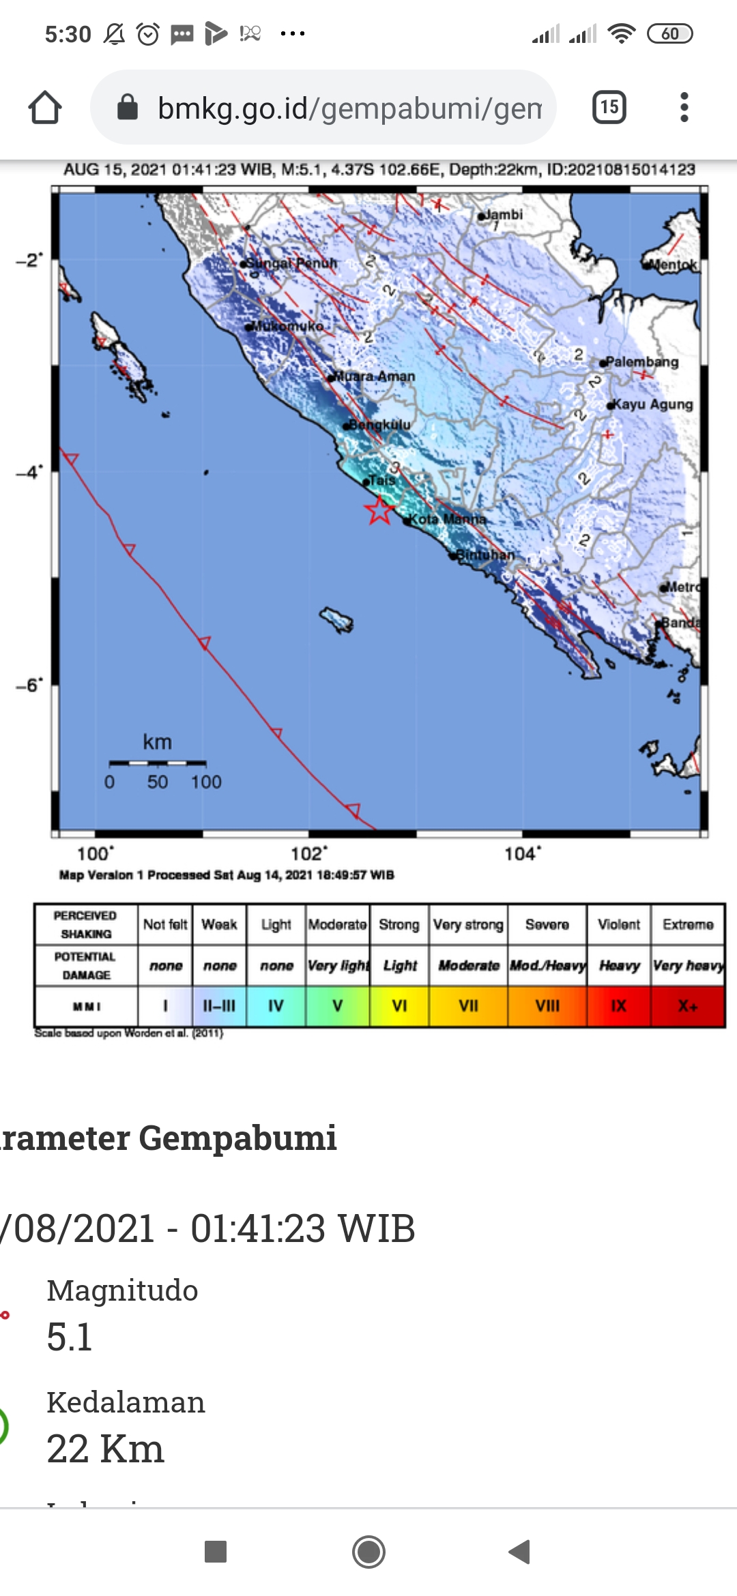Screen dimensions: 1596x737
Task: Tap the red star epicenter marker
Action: point(379,509)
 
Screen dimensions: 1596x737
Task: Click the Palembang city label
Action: point(641,362)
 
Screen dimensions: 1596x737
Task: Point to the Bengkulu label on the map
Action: point(379,425)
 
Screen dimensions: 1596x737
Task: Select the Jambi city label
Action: point(503,215)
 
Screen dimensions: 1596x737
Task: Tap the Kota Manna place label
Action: point(448,520)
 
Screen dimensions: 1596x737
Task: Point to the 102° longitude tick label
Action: point(308,854)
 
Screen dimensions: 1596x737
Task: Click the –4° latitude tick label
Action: point(29,472)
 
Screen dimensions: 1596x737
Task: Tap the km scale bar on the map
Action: point(158,763)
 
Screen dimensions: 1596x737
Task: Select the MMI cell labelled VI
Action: point(399,1006)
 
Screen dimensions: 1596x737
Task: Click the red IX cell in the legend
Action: point(618,1006)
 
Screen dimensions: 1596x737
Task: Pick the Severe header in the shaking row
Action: point(547,925)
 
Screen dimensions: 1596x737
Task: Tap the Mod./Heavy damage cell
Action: point(547,966)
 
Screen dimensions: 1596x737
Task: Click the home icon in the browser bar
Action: point(45,108)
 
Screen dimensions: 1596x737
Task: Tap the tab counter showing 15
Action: point(609,107)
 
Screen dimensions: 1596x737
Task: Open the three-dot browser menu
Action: point(684,107)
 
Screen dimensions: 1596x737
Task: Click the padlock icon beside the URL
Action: point(128,107)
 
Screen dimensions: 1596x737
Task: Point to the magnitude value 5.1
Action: point(70,1337)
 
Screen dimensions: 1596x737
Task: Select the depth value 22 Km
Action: point(105,1449)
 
